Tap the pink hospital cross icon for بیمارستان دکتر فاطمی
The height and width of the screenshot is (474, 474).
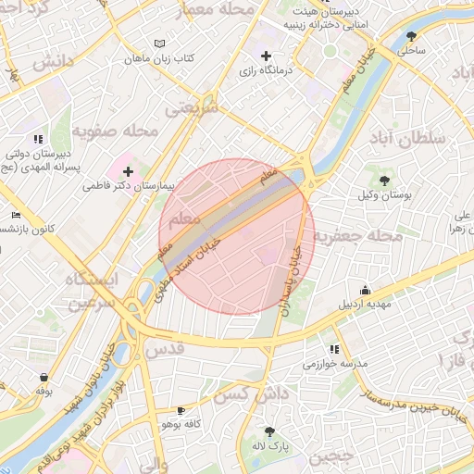pyautogui.click(x=127, y=171)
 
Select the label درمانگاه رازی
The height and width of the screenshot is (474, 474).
pyautogui.click(x=266, y=70)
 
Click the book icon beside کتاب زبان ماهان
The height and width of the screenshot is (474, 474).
pyautogui.click(x=159, y=44)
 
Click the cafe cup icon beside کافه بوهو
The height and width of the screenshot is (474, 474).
pyautogui.click(x=181, y=409)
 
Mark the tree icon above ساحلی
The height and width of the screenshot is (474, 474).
pyautogui.click(x=411, y=36)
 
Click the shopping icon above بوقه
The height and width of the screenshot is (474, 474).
pyautogui.click(x=44, y=377)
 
